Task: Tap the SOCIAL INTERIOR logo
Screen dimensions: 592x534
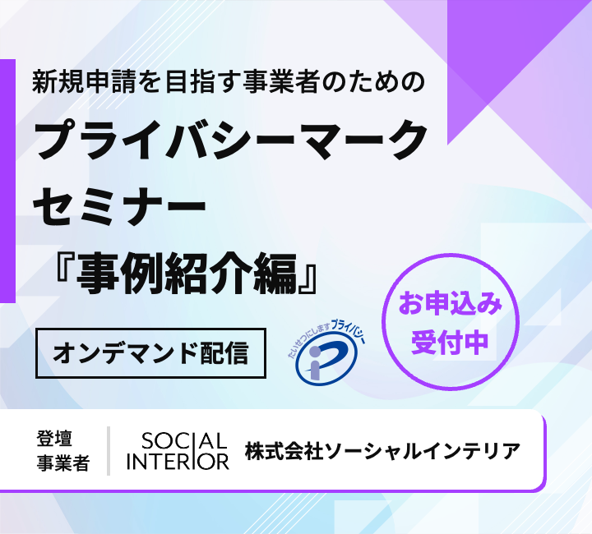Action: pyautogui.click(x=178, y=451)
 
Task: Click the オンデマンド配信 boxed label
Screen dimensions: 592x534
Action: pyautogui.click(x=150, y=353)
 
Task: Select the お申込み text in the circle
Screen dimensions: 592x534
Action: pyautogui.click(x=451, y=304)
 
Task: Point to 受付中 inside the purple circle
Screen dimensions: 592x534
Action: pyautogui.click(x=450, y=343)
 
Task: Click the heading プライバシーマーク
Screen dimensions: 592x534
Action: pyautogui.click(x=231, y=139)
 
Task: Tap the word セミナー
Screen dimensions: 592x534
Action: pyautogui.click(x=120, y=206)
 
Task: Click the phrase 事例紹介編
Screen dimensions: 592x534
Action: pyautogui.click(x=187, y=274)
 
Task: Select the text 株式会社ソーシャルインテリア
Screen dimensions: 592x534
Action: pyautogui.click(x=382, y=451)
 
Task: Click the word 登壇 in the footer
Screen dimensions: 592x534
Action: pyautogui.click(x=54, y=438)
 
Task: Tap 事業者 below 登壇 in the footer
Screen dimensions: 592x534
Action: pyautogui.click(x=63, y=463)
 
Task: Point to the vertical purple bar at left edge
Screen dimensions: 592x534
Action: pyautogui.click(x=7, y=181)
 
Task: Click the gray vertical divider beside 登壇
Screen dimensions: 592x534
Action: pyautogui.click(x=109, y=451)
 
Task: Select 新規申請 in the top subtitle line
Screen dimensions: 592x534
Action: pyautogui.click(x=83, y=81)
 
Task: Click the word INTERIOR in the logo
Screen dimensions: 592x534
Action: pyautogui.click(x=178, y=461)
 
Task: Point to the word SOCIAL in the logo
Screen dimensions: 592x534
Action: pyautogui.click(x=184, y=441)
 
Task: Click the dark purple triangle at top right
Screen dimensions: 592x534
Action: pyautogui.click(x=506, y=57)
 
